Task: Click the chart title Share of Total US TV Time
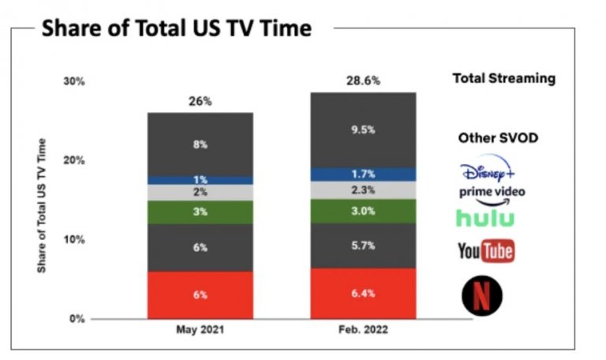pyautogui.click(x=176, y=28)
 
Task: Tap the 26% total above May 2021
pyautogui.click(x=200, y=101)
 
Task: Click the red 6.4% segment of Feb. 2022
pyautogui.click(x=363, y=294)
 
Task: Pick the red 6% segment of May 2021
pyautogui.click(x=200, y=295)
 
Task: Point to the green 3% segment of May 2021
pyautogui.click(x=200, y=212)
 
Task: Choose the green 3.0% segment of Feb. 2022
pyautogui.click(x=363, y=211)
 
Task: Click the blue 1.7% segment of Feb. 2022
pyautogui.click(x=363, y=174)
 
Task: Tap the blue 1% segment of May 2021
pyautogui.click(x=200, y=180)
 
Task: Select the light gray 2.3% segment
pyautogui.click(x=363, y=189)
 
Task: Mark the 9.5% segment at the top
pyautogui.click(x=363, y=130)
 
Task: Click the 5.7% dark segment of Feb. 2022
pyautogui.click(x=363, y=246)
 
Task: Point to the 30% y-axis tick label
pyautogui.click(x=73, y=81)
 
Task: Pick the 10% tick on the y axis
pyautogui.click(x=73, y=239)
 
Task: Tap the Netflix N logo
pyautogui.click(x=482, y=295)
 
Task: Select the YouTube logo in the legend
pyautogui.click(x=486, y=251)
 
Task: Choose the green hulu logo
pyautogui.click(x=485, y=218)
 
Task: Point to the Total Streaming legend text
pyautogui.click(x=503, y=78)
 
